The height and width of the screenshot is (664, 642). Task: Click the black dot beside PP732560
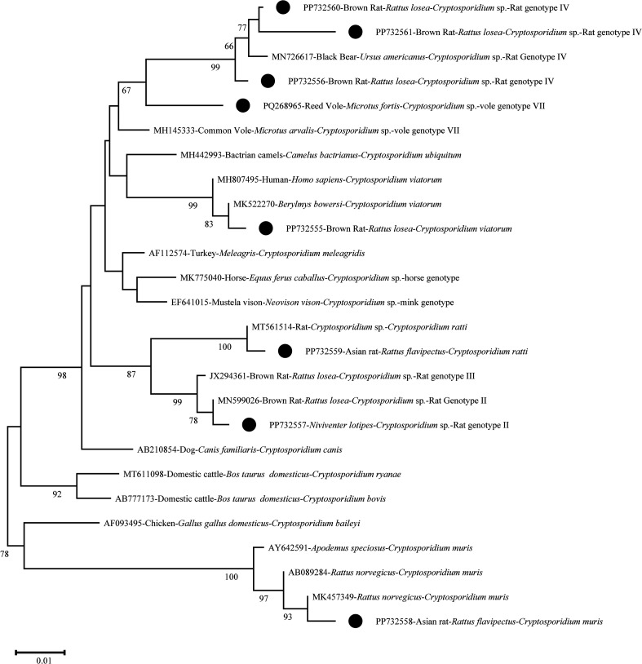point(283,8)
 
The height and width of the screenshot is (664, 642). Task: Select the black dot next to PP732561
point(355,32)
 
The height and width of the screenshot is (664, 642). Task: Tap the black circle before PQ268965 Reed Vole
point(241,105)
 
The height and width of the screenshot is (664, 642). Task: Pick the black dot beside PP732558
point(355,622)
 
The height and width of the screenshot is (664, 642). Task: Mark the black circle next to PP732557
point(250,424)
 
